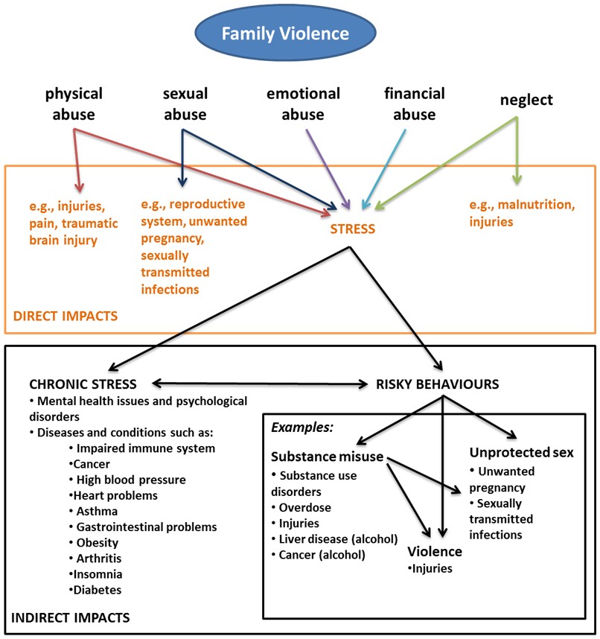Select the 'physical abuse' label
tap(74, 104)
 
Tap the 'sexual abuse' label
tap(185, 104)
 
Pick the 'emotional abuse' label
tap(303, 104)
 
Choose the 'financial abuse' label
tap(414, 104)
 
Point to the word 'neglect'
tap(526, 100)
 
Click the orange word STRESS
tap(353, 229)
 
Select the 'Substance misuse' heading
tap(328, 457)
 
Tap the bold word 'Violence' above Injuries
tap(435, 552)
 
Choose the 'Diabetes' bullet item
tap(98, 590)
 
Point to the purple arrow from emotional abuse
tap(327, 168)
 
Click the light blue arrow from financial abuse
tap(386, 168)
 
